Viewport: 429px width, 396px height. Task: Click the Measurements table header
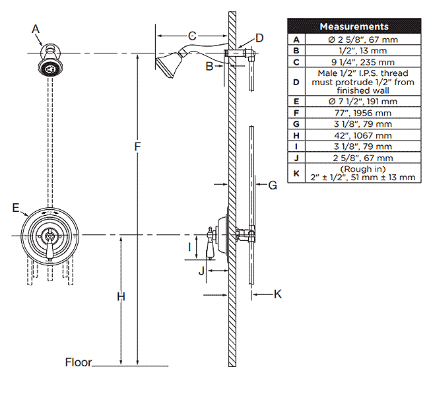coord(354,26)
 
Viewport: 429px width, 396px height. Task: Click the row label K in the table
coord(296,173)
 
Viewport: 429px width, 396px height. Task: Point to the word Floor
coord(79,362)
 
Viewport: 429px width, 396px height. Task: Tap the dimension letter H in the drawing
coord(121,297)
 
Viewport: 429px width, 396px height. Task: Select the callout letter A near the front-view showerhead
coord(36,28)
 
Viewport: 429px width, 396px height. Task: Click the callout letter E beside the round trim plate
coord(16,208)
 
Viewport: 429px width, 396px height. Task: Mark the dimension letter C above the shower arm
coord(191,36)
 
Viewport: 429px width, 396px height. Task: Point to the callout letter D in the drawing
coord(259,38)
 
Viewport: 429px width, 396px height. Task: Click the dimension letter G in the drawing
coord(272,185)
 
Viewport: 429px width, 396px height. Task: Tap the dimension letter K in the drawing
coord(278,294)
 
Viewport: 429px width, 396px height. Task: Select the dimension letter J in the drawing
coord(202,269)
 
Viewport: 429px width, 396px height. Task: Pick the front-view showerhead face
coord(48,68)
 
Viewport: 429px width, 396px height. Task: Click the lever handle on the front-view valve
coord(48,248)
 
